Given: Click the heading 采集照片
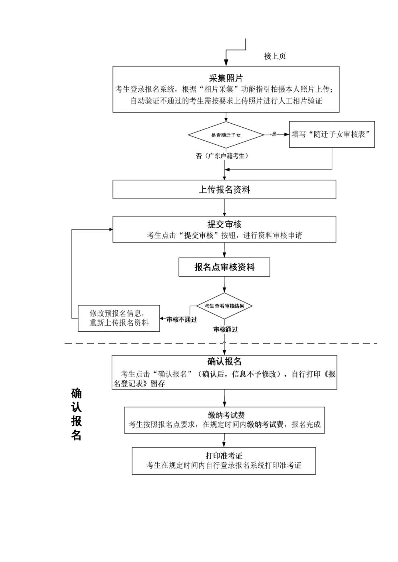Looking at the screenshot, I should pos(226,78).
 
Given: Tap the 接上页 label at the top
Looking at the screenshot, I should pos(275,56).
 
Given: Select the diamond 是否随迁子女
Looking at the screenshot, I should pos(226,135).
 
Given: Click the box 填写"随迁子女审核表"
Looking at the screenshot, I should pos(332,134).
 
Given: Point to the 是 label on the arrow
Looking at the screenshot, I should pos(274,134).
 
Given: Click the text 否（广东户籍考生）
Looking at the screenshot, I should pos(222,156).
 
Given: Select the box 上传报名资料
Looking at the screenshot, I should pos(224,190).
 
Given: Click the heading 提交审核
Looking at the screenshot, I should pos(224,224).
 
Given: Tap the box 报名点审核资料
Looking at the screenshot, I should pos(224,267).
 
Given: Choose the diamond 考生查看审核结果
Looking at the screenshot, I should pos(224,306).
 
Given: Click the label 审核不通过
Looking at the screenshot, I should pos(182,319).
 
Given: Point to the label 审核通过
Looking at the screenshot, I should pos(226,329).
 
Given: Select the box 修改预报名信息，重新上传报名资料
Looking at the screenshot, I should pos(119,318).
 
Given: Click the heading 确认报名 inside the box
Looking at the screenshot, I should pos(224,361).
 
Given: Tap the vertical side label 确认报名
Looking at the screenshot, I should pos(76,414).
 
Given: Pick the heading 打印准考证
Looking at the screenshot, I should pos(224,456).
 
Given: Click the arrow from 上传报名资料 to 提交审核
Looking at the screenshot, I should pos(224,208).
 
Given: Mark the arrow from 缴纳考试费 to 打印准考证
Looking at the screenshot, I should pos(224,440).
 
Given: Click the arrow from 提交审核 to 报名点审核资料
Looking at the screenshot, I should pos(224,250).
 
